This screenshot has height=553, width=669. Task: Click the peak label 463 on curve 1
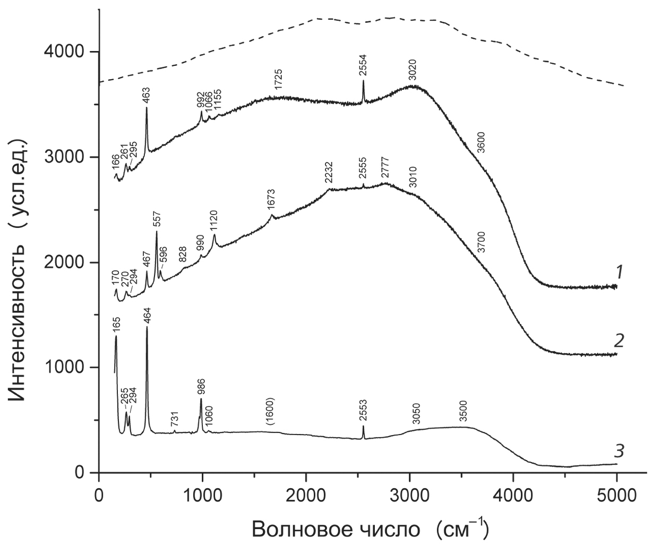[x=146, y=95]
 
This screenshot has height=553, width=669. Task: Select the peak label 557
[x=157, y=219]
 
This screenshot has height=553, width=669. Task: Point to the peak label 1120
[x=215, y=221]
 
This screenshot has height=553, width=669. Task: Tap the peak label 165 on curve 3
[x=117, y=324]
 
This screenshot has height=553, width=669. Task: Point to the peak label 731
[x=175, y=420]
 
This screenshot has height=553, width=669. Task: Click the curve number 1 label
[x=619, y=273]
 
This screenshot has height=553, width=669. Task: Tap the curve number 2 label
[x=619, y=340]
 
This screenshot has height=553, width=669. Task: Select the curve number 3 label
[x=619, y=452]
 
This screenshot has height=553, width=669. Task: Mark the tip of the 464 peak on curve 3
[x=147, y=327]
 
